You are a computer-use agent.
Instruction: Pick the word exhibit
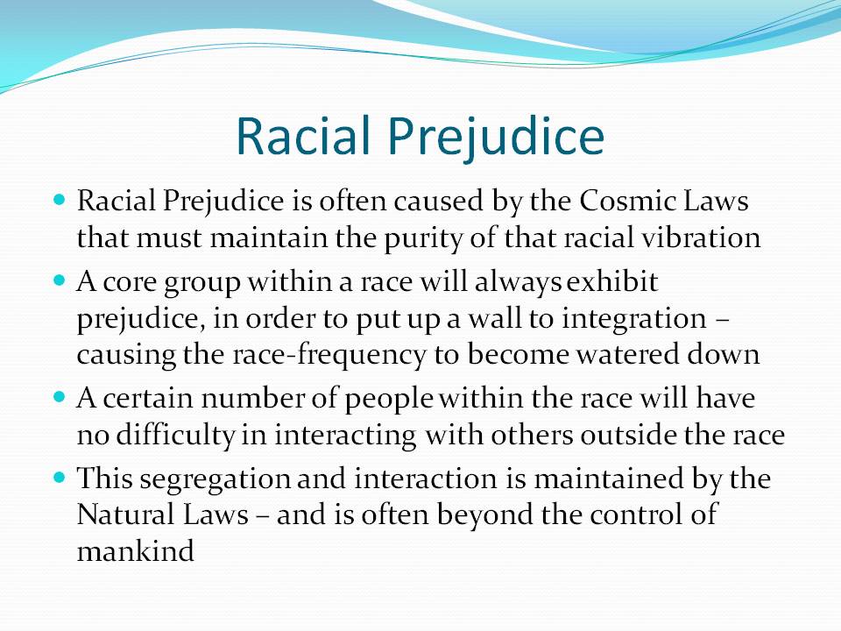click(612, 281)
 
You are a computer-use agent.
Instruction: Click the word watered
click(628, 355)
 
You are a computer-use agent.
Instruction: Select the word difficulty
click(175, 436)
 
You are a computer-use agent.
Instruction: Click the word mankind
click(135, 551)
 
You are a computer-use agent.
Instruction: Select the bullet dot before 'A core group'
click(60, 280)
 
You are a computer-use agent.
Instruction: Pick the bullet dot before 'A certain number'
click(60, 398)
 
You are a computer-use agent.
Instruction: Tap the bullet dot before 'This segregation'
click(60, 478)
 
